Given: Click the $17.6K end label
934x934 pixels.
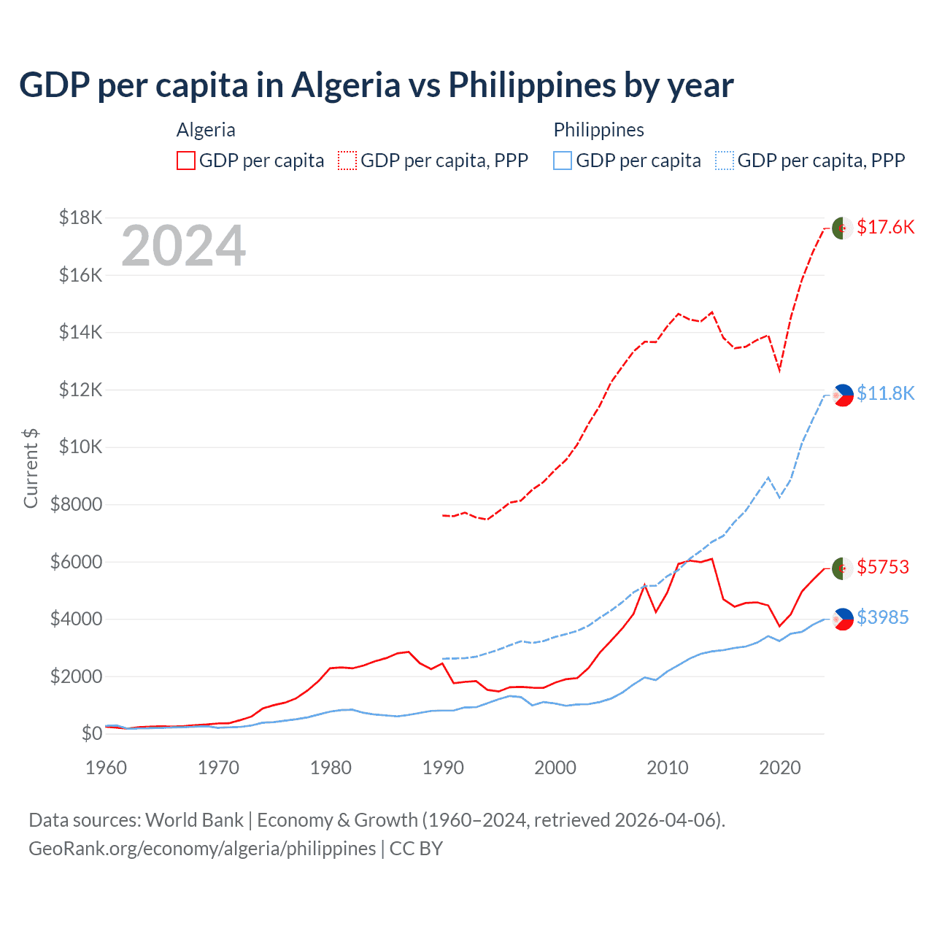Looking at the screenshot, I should (885, 227).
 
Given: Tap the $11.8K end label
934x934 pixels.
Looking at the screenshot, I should (885, 393).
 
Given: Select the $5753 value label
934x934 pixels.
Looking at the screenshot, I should (883, 567).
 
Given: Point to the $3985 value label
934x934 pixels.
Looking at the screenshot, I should (883, 617).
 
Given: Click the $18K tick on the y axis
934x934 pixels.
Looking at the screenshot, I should (81, 217).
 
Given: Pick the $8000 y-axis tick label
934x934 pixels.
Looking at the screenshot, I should (76, 504).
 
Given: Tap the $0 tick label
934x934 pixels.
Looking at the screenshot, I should (91, 733).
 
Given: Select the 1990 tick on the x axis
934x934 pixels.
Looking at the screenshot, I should (443, 768).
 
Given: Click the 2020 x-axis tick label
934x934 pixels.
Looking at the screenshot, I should (780, 768).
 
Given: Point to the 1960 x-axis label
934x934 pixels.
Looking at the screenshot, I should (107, 768).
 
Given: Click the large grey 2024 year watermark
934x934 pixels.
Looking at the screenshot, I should (183, 247).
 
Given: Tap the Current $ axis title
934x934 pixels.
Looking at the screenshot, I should (31, 468).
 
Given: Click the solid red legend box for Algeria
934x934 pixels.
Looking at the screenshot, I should (186, 161).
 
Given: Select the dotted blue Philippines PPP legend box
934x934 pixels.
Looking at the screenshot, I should (725, 161).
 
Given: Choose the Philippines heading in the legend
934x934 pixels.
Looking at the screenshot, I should (598, 130).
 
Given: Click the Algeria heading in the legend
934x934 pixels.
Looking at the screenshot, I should (206, 130).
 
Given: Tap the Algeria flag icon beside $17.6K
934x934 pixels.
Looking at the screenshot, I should (843, 228).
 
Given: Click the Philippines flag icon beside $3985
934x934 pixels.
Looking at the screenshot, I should (843, 619).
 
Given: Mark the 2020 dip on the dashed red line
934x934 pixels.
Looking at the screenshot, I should (779, 370).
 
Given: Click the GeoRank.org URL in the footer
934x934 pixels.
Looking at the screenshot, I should (202, 849).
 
